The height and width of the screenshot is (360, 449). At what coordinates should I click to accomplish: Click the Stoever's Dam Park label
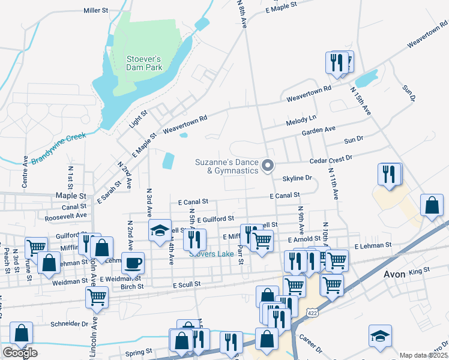tap(144, 63)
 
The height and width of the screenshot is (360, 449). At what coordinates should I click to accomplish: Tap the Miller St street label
tap(95, 11)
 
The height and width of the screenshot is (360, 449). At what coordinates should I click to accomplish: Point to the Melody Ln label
tap(301, 121)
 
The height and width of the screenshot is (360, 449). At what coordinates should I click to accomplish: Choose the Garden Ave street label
tap(318, 130)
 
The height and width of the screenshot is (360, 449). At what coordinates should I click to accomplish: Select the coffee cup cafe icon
tap(133, 262)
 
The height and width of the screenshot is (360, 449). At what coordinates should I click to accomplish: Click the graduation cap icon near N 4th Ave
tap(160, 231)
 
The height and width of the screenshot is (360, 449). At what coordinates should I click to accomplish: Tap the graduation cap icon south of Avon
tap(380, 335)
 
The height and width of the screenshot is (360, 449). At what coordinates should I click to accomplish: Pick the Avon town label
tap(394, 274)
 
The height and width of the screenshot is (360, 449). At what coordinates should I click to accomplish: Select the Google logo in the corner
tap(20, 353)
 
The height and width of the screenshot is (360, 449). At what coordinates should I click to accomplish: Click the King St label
tap(420, 271)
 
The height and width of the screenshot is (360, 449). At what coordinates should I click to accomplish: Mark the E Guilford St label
tap(215, 220)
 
